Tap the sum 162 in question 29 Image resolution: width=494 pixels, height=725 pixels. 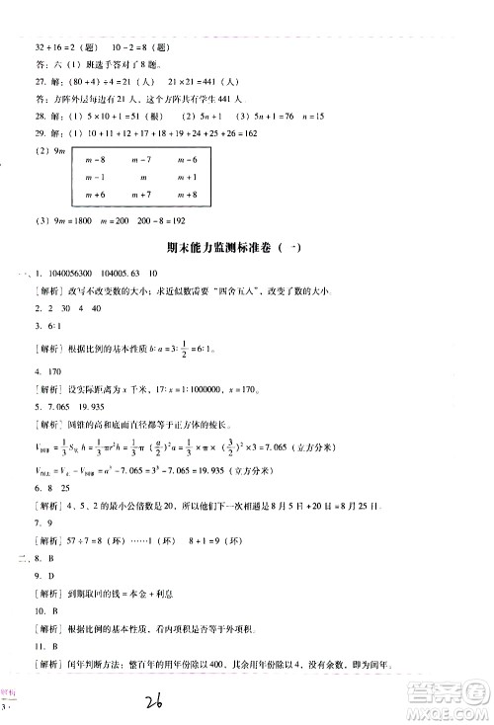tap(247, 131)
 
